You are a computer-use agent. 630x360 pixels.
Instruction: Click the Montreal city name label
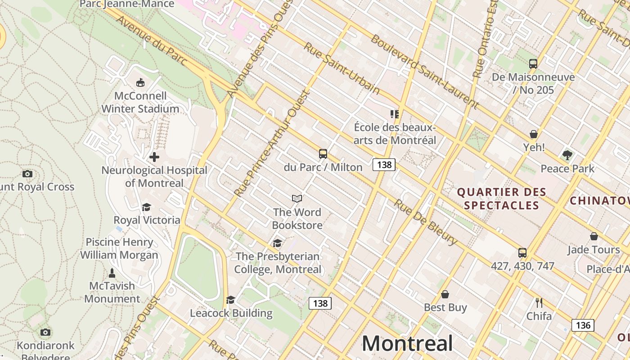coord(407,344)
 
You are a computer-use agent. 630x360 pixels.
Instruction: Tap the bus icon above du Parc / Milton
coord(323,154)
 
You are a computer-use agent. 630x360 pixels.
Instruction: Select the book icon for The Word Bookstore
coord(297,198)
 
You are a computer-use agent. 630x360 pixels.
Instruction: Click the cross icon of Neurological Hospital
coord(154,157)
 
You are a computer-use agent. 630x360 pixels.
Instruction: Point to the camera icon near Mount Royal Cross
coord(27,174)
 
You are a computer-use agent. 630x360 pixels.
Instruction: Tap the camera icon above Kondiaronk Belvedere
coord(45,332)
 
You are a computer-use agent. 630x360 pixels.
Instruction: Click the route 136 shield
coord(583,325)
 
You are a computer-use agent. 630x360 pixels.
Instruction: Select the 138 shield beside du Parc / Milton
coord(384,165)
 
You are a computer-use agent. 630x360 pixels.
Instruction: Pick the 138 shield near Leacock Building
coord(320,303)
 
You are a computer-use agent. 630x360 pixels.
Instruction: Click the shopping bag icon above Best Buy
coord(445,294)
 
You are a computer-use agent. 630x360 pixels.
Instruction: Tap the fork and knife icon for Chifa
coord(539,303)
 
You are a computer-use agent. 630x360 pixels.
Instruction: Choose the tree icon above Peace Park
coord(567,155)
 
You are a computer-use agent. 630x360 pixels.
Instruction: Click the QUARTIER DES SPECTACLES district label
coord(502,199)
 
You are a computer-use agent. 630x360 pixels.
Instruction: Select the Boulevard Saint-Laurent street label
coord(424,70)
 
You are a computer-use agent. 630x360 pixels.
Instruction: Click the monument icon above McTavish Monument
coord(112,273)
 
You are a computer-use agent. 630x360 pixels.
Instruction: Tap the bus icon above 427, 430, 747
coord(522,253)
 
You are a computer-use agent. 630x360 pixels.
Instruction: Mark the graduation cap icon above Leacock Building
coord(231,300)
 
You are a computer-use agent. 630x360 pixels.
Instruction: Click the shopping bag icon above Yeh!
coord(534,134)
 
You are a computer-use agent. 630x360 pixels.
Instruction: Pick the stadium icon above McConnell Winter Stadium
coord(140,83)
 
